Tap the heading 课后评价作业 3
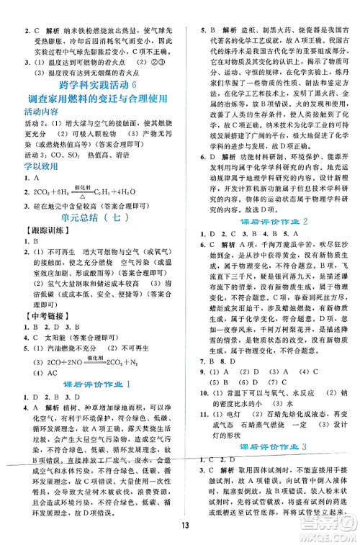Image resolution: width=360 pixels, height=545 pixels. tap(274, 446)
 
